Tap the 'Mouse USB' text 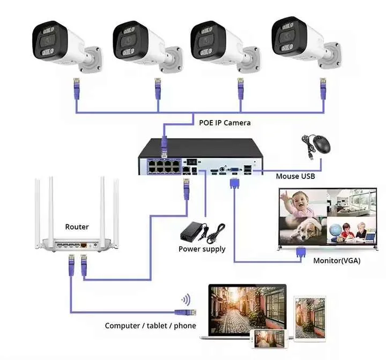pyautogui.click(x=295, y=176)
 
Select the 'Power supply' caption pyautogui.click(x=202, y=249)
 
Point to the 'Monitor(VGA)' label pyautogui.click(x=336, y=261)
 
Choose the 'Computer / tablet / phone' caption pyautogui.click(x=150, y=326)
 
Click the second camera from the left pyautogui.click(x=142, y=46)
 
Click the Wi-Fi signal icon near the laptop pyautogui.click(x=185, y=299)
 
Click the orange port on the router pyautogui.click(x=84, y=245)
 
